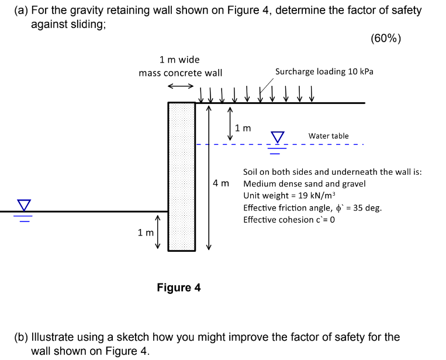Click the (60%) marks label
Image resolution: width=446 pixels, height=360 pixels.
pyautogui.click(x=386, y=39)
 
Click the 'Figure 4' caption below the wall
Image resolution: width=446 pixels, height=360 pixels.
pyautogui.click(x=179, y=288)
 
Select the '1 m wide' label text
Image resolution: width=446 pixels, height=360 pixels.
pyautogui.click(x=179, y=60)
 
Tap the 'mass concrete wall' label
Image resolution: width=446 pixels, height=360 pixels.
pyautogui.click(x=180, y=73)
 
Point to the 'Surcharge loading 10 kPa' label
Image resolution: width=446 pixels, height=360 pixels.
pyautogui.click(x=324, y=71)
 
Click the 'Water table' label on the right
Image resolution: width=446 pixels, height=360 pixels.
pyautogui.click(x=329, y=136)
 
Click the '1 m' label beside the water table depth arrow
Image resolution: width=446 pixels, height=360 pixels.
pyautogui.click(x=242, y=127)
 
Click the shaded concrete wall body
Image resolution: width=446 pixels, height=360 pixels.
pyautogui.click(x=182, y=175)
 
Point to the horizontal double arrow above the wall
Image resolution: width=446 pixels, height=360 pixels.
pyautogui.click(x=180, y=86)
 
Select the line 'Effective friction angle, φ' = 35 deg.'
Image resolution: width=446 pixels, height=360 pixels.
pyautogui.click(x=312, y=207)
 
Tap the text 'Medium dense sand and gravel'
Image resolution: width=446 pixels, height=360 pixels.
pyautogui.click(x=305, y=184)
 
